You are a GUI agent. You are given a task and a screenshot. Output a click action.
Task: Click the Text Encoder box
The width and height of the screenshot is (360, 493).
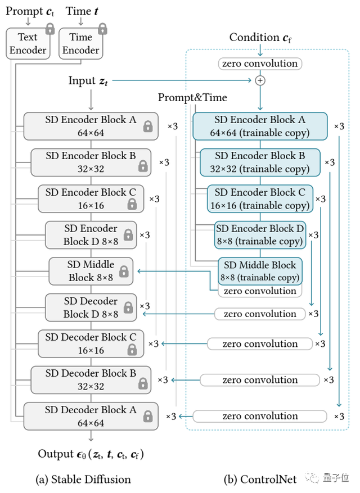click(x=26, y=43)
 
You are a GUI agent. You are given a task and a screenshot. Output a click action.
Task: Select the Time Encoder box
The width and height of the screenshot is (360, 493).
click(x=80, y=43)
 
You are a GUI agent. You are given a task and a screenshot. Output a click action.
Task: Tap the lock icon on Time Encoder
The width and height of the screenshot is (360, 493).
click(x=102, y=29)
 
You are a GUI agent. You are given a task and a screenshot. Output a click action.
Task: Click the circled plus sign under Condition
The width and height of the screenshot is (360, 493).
click(x=260, y=81)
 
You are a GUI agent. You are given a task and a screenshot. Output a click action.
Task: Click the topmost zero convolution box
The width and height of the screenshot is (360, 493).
click(x=260, y=64)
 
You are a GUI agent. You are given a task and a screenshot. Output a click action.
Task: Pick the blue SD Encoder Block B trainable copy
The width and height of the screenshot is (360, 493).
click(x=260, y=162)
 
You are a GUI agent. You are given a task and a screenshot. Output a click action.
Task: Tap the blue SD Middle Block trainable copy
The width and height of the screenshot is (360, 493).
click(x=260, y=270)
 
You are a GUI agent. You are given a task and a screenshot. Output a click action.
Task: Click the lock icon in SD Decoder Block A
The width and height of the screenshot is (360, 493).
click(x=147, y=417)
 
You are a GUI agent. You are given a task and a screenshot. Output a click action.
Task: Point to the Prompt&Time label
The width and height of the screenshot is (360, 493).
click(x=192, y=98)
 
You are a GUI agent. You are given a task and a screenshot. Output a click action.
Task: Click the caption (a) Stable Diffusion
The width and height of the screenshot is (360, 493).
click(x=83, y=480)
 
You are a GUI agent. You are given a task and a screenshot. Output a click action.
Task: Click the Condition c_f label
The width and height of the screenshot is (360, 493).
click(x=260, y=38)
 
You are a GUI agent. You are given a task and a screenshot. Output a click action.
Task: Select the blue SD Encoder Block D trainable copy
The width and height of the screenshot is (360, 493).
click(x=260, y=234)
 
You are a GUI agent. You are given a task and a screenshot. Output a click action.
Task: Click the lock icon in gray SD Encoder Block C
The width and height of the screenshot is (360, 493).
click(x=132, y=204)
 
